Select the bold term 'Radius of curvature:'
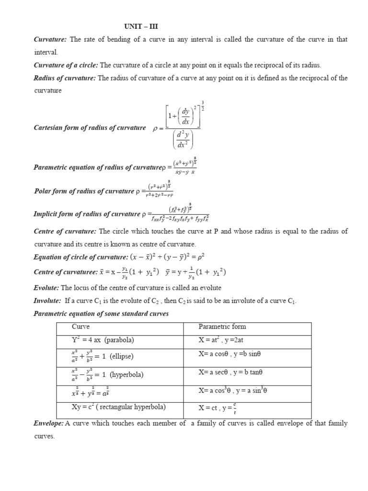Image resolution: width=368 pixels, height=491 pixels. [x=65, y=78]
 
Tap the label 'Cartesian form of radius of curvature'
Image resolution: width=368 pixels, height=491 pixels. [x=90, y=128]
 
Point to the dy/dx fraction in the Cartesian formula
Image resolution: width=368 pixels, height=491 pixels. [x=183, y=115]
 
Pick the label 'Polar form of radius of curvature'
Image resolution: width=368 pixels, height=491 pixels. [x=84, y=191]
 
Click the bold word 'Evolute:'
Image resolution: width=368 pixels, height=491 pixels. [x=46, y=287]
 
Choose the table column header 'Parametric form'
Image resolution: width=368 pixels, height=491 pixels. [x=222, y=327]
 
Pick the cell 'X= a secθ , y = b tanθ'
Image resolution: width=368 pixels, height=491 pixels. [x=231, y=372]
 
